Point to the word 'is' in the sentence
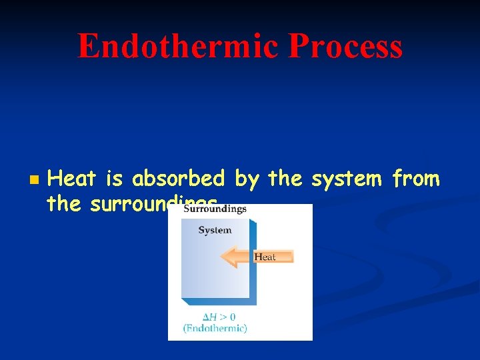pyautogui.click(x=115, y=179)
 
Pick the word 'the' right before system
pyautogui.click(x=285, y=179)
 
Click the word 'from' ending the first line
pyautogui.click(x=416, y=179)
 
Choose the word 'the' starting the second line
pyautogui.click(x=64, y=203)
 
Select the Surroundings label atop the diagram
pyautogui.click(x=215, y=209)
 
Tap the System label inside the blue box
pyautogui.click(x=215, y=230)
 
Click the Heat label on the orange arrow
pyautogui.click(x=265, y=257)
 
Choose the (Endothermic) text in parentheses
pyautogui.click(x=215, y=327)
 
